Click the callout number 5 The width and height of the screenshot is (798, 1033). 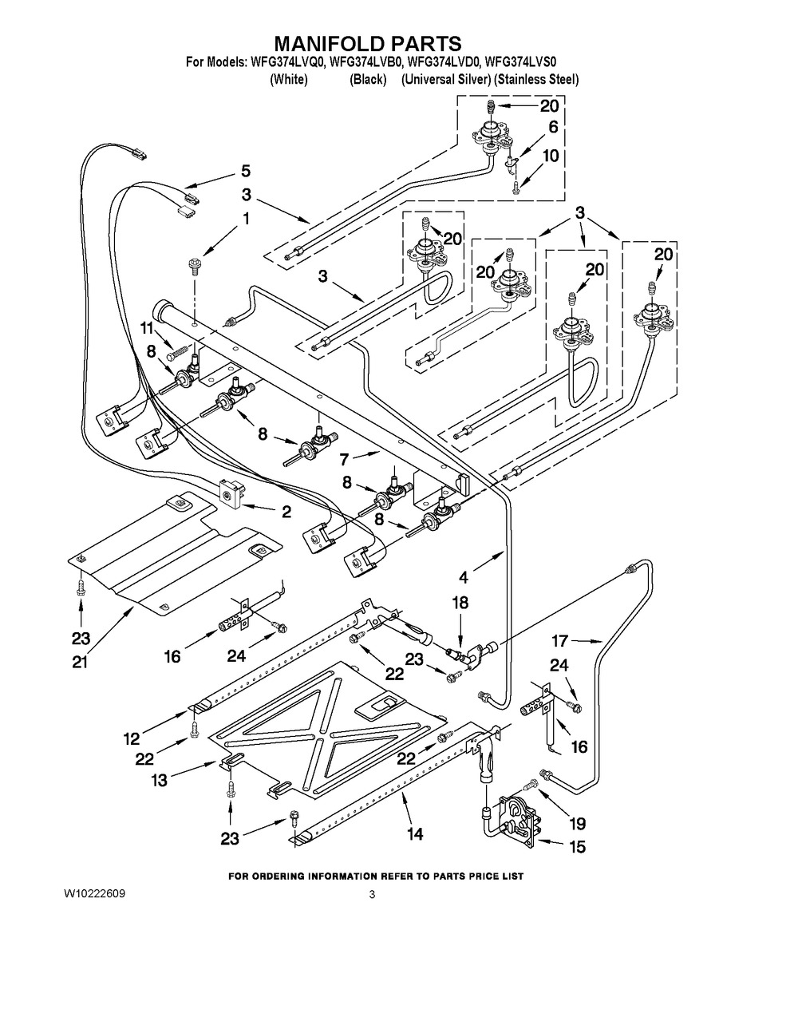point(245,170)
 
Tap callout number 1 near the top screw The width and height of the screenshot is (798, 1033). point(246,216)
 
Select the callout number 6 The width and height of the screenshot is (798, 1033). point(552,127)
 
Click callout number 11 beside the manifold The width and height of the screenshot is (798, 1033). point(147,327)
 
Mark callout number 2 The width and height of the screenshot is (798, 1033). point(286,512)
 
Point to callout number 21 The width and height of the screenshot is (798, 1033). point(80,662)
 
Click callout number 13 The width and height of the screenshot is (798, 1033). point(160,781)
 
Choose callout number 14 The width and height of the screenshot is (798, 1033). point(414,833)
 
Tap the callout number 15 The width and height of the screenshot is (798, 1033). point(576,847)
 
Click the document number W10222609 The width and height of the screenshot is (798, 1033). point(91,893)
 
